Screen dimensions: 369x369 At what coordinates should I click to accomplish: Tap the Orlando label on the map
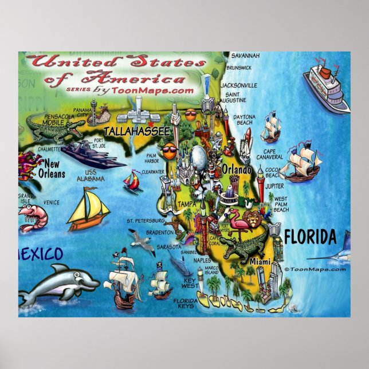pyautogui.click(x=236, y=170)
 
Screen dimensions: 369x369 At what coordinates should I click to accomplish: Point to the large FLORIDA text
pyautogui.click(x=309, y=236)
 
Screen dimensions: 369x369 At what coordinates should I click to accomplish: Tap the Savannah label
pyautogui.click(x=245, y=56)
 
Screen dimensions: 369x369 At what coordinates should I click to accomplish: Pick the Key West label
pyautogui.click(x=190, y=282)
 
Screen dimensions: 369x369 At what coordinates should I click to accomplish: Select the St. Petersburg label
pyautogui.click(x=146, y=220)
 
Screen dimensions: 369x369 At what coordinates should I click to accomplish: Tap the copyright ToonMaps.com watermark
pyautogui.click(x=316, y=269)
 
